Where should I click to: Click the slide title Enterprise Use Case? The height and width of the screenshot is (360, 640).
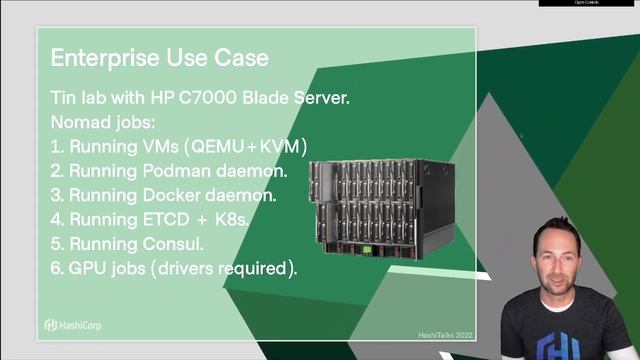(159, 57)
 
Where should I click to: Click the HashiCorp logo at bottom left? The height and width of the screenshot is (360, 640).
(79, 324)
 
